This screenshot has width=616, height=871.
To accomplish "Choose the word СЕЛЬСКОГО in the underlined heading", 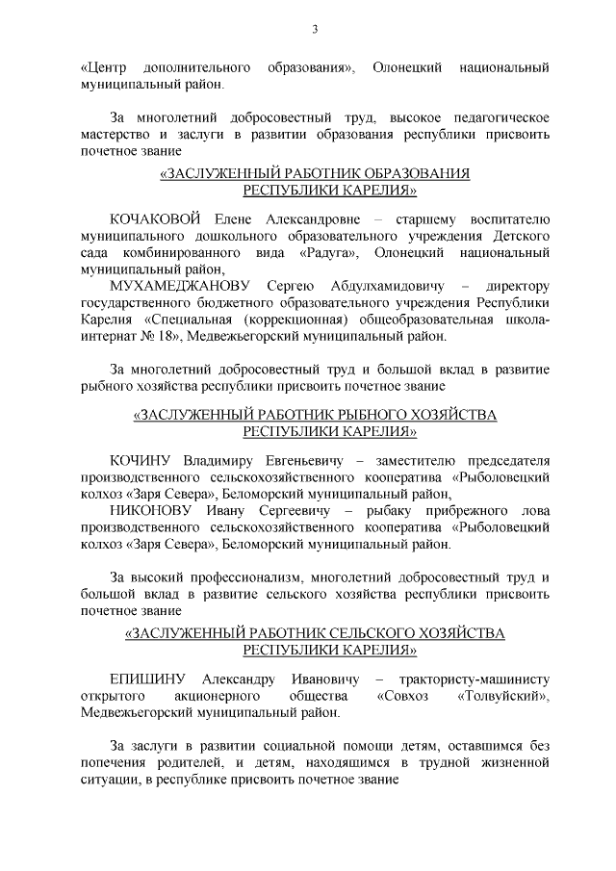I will [x=337, y=634].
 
